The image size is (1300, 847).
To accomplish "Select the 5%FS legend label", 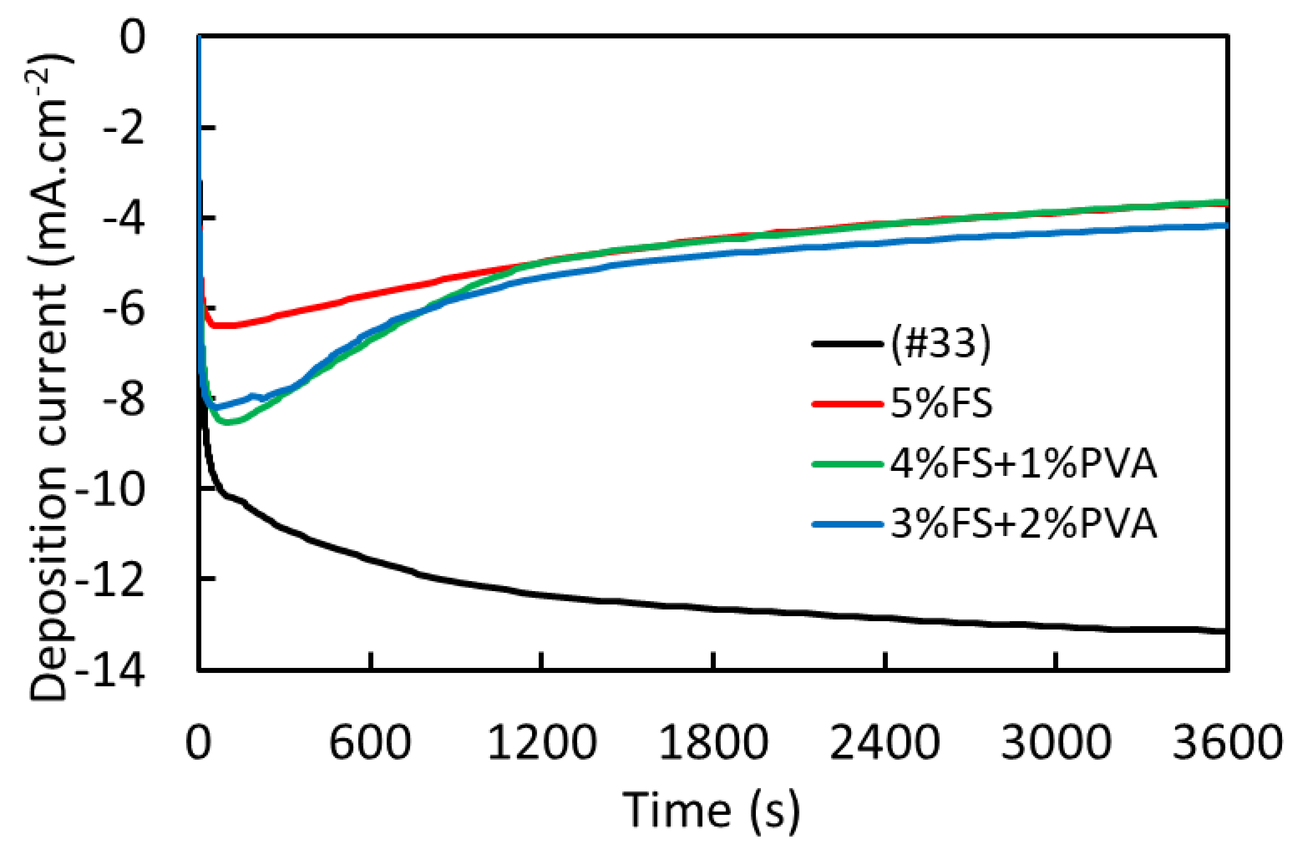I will [x=940, y=404].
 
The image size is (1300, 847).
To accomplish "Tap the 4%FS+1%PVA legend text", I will [x=1023, y=464].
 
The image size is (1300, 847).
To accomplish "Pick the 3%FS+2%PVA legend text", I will [x=1023, y=524].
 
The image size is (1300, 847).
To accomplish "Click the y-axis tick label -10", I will [x=110, y=489].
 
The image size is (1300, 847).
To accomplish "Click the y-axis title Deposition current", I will [x=49, y=377].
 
